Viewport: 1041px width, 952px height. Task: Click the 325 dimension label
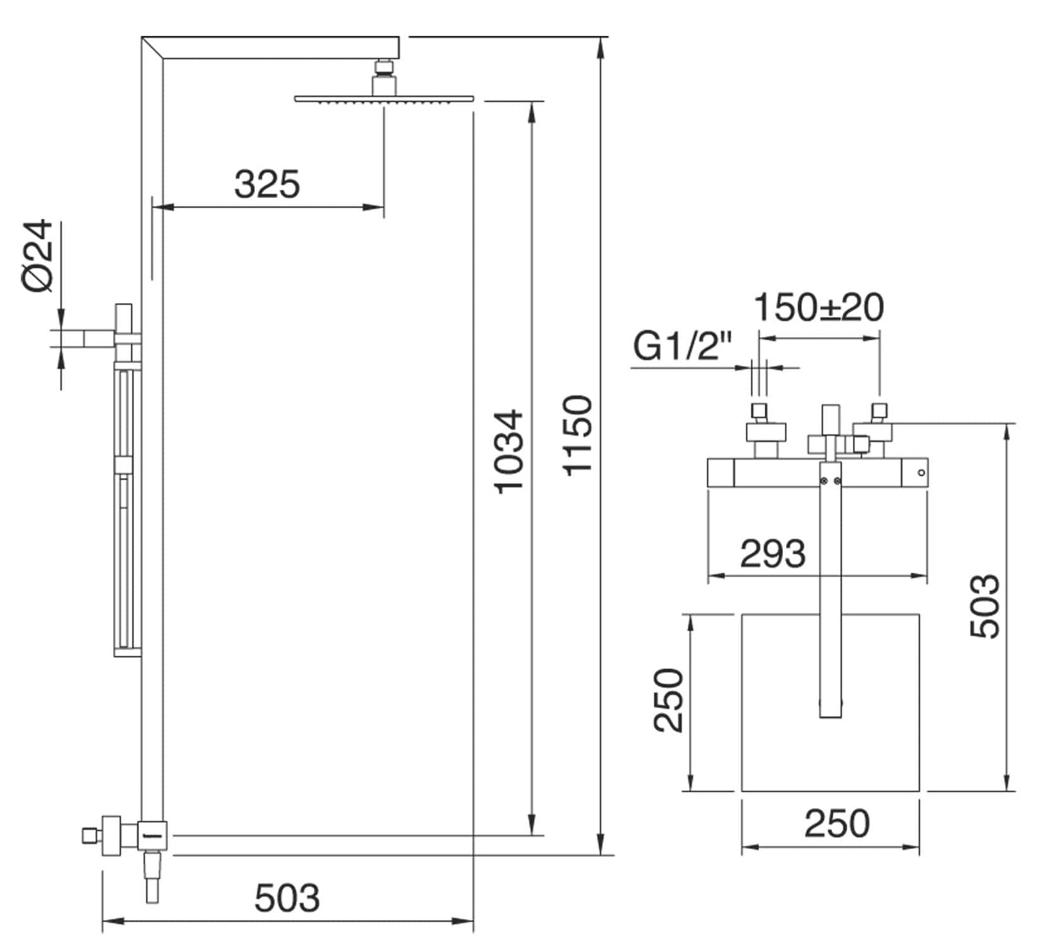click(x=267, y=184)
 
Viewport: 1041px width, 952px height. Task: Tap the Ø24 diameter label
click(x=38, y=256)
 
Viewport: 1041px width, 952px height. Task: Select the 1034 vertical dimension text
click(x=509, y=452)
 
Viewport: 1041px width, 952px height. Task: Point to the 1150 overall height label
click(x=578, y=435)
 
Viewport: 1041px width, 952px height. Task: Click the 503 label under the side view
click(x=287, y=898)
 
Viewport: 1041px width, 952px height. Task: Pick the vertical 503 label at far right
click(x=985, y=606)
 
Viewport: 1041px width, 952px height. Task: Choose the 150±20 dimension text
click(x=818, y=307)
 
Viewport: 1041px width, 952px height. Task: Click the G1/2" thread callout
click(x=682, y=346)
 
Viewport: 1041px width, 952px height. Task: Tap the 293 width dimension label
click(x=772, y=554)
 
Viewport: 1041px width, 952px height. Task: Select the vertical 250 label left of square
click(x=669, y=700)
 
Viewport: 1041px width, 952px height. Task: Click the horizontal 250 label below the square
click(x=837, y=824)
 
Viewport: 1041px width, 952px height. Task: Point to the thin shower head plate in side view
click(x=384, y=99)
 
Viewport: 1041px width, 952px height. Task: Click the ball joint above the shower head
click(x=384, y=68)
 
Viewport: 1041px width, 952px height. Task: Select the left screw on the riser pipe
click(x=823, y=481)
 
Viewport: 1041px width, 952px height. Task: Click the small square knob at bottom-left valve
click(x=89, y=835)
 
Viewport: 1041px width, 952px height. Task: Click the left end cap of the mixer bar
click(x=720, y=473)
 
